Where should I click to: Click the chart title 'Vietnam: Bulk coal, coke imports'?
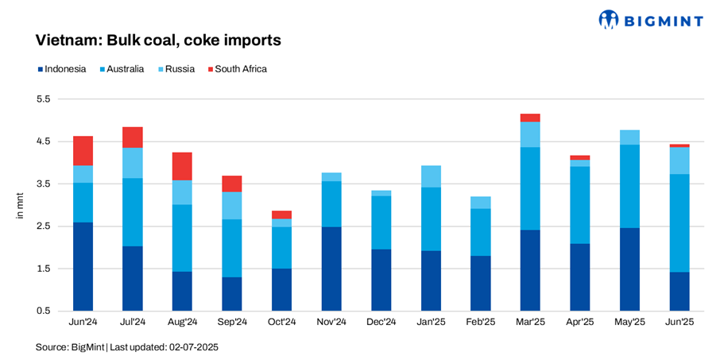pos(158,40)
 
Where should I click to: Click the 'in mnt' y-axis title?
pos(21,205)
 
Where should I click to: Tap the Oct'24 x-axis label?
pos(281,323)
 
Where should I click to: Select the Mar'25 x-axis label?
pos(530,323)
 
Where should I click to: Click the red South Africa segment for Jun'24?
pos(83,151)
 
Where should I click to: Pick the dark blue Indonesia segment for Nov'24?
pos(331,269)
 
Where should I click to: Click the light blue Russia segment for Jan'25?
pos(431,176)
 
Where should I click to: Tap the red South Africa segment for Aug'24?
pos(182,166)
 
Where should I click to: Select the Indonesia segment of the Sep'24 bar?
pos(232,293)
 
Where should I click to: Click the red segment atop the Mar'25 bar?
pos(530,118)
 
